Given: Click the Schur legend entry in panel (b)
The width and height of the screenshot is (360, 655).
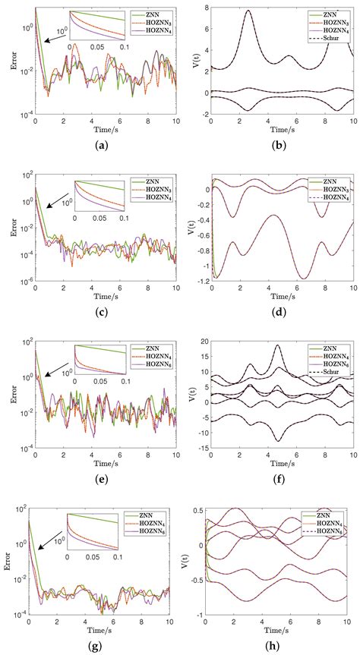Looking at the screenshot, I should pyautogui.click(x=333, y=38).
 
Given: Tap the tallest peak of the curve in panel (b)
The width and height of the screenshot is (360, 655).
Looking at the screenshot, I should pyautogui.click(x=248, y=11).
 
